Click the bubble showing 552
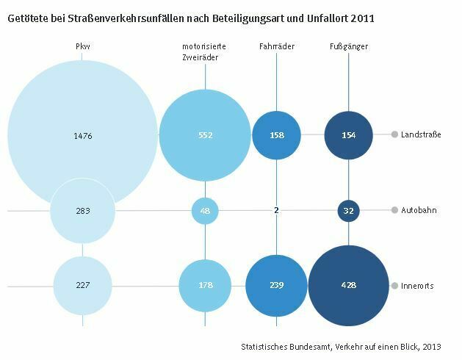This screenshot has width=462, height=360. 205,135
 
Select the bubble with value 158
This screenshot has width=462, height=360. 276,135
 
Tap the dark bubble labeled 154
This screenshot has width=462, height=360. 348,135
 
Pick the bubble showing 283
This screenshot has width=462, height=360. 82,211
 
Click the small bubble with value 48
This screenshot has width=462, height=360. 205,211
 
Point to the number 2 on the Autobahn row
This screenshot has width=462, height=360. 276,211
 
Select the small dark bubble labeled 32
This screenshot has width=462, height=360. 348,211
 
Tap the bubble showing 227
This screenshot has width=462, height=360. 82,286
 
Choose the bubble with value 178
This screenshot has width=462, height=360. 205,286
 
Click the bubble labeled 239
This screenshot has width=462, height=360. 276,286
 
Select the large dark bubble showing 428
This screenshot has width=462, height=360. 348,286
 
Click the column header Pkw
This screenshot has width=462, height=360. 83,47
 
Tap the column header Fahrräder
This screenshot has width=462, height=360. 277,47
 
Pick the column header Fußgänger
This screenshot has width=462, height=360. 349,47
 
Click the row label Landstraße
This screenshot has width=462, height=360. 421,134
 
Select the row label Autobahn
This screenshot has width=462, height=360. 419,210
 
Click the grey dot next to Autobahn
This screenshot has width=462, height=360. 394,210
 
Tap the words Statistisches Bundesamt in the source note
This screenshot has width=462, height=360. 284,345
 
